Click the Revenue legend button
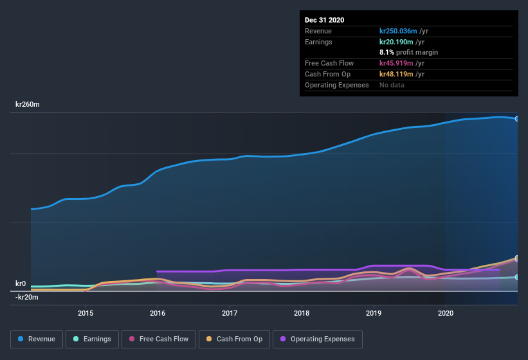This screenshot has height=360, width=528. click(x=36, y=339)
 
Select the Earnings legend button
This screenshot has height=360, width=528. click(x=92, y=339)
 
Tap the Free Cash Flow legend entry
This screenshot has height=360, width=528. click(x=158, y=339)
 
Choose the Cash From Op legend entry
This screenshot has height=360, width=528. click(x=233, y=339)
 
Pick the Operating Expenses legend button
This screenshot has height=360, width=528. click(x=318, y=339)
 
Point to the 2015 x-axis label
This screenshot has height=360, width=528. click(x=86, y=313)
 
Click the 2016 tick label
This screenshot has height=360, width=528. click(x=158, y=313)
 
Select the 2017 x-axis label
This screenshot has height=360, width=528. click(x=230, y=313)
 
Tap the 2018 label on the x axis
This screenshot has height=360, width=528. click(x=302, y=313)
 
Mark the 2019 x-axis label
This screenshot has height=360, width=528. click(x=374, y=313)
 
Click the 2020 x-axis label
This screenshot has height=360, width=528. click(x=446, y=313)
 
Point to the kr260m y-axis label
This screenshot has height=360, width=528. click(x=28, y=104)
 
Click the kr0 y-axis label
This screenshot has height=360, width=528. click(x=21, y=283)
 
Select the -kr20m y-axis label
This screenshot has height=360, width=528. click(x=27, y=297)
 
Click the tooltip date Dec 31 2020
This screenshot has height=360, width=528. click(x=324, y=20)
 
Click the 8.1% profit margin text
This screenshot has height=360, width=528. click(x=409, y=52)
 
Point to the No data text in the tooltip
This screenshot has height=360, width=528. click(x=392, y=85)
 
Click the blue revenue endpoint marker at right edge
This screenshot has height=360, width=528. click(x=516, y=119)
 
